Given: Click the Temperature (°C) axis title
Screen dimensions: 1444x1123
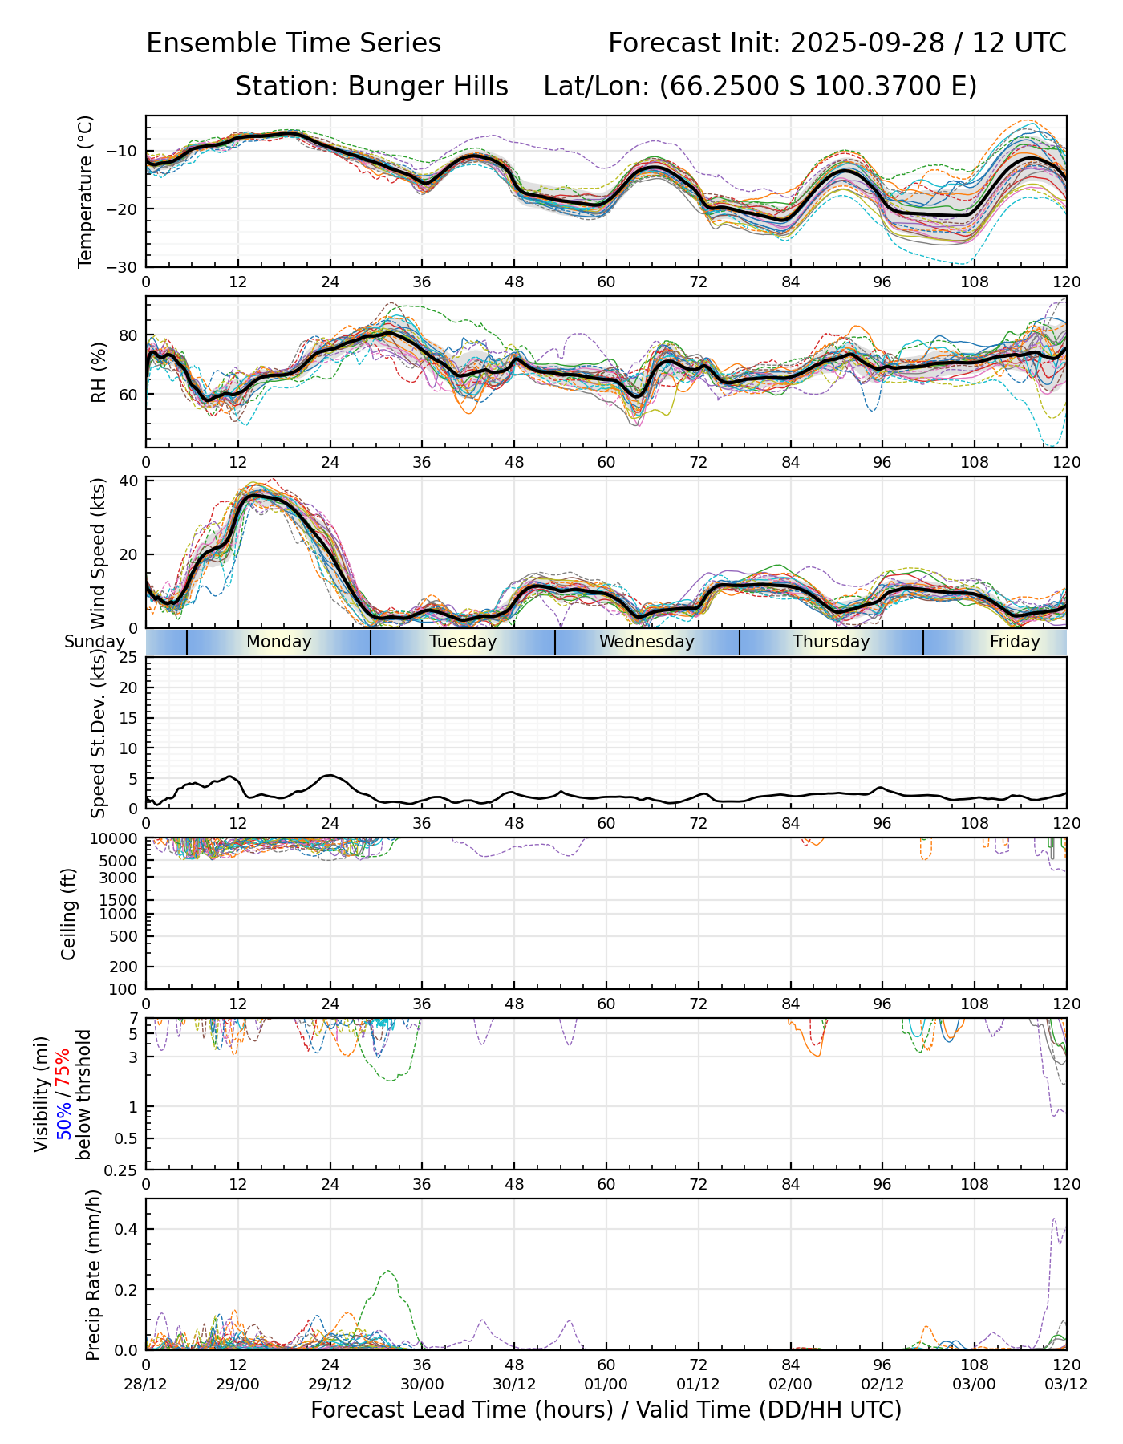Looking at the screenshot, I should coord(86,191).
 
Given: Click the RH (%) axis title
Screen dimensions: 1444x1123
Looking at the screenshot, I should coord(99,371).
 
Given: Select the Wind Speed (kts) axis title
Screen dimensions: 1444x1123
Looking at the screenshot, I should coord(99,553).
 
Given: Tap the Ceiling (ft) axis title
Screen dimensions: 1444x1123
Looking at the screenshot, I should coord(69,914).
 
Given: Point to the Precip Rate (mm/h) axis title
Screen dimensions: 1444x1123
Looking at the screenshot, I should coord(93,1275).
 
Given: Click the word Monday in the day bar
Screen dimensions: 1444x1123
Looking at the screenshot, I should coord(278,642).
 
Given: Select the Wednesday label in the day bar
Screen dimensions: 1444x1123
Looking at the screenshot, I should coord(647,642).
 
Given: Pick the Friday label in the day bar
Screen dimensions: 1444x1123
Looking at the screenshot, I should coord(1015,642).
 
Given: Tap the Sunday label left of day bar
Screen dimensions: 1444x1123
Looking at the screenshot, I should coord(95,642).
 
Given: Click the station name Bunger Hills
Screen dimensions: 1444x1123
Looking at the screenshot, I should coord(428,87).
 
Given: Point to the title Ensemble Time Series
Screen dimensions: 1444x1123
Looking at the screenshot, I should coord(294,43).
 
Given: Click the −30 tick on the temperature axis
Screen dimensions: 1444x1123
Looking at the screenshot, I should coord(125,267).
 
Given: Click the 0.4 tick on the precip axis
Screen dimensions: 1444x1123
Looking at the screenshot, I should coord(128,1230).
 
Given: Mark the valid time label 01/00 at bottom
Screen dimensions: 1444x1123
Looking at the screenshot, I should coord(606,1385).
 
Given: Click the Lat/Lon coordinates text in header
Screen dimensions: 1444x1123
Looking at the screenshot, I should coord(760,87).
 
